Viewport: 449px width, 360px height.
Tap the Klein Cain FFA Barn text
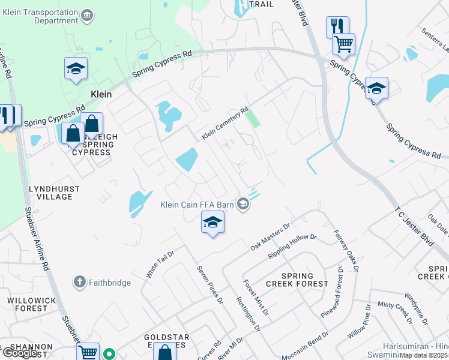click(x=196, y=205)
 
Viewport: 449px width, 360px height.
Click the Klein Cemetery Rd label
click(x=225, y=124)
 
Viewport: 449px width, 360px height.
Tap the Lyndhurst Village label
click(x=54, y=193)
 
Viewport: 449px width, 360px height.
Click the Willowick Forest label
click(x=26, y=304)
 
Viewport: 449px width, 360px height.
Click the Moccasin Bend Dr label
click(x=304, y=347)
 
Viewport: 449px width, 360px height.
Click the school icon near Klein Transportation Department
click(x=76, y=70)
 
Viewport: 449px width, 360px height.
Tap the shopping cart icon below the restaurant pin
click(x=343, y=43)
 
